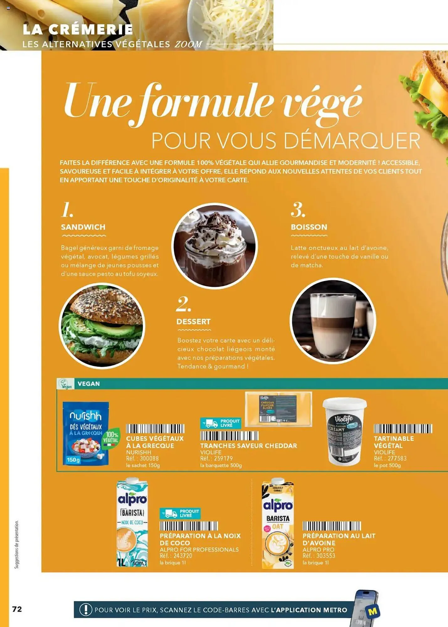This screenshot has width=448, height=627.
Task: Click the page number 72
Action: click(x=17, y=609)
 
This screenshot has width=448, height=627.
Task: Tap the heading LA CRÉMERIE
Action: click(x=78, y=29)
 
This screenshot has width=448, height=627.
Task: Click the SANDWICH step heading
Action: click(x=83, y=227)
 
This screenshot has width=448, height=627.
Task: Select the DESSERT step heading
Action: click(x=193, y=322)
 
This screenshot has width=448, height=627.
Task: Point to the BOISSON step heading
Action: click(x=309, y=227)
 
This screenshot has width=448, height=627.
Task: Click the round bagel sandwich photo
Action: click(x=102, y=325)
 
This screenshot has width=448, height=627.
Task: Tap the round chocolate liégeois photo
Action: click(x=214, y=245)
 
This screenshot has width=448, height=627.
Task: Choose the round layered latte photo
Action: click(x=333, y=320)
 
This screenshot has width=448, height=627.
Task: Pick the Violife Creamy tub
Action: click(x=345, y=431)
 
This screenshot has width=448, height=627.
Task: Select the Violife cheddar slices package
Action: click(x=278, y=409)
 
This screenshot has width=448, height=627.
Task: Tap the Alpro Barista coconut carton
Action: click(x=132, y=523)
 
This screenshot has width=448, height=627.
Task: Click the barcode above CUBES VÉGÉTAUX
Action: click(x=155, y=429)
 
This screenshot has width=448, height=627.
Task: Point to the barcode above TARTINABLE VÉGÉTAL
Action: click(x=403, y=429)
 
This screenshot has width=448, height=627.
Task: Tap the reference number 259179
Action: click(x=223, y=458)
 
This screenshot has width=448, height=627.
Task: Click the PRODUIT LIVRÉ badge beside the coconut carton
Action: click(x=180, y=513)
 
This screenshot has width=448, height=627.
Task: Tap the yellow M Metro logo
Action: click(x=373, y=611)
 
